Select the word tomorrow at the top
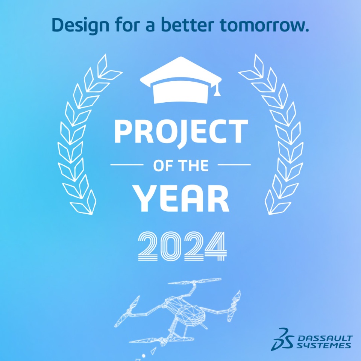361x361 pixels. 264,25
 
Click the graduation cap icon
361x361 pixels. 181,80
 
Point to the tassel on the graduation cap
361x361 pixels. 217,89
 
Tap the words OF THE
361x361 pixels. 181,165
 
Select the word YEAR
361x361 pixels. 181,199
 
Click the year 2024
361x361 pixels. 182,246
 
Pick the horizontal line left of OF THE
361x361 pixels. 127,165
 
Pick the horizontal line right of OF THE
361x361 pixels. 234,165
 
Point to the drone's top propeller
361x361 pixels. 194,281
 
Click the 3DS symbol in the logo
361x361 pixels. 282,339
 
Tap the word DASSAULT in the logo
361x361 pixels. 325,338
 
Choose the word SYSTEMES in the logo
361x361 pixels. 323,345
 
